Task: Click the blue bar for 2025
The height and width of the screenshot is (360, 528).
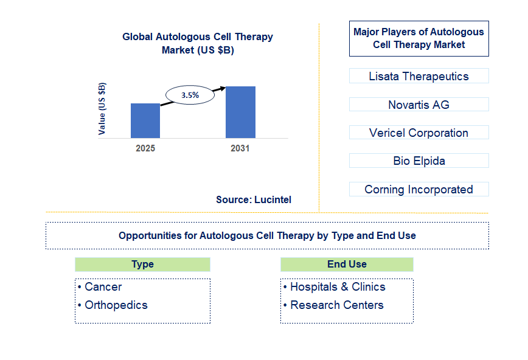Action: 145,120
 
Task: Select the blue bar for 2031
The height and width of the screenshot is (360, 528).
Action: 240,112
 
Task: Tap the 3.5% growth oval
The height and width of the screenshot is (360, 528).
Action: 190,95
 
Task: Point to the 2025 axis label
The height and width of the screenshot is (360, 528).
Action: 145,148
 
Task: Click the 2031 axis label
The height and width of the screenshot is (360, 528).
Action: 240,148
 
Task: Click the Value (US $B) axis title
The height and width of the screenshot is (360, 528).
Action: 102,108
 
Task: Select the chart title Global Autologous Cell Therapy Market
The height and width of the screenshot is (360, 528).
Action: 198,43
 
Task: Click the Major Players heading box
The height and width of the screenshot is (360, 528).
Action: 419,38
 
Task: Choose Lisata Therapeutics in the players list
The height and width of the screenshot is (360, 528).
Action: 419,76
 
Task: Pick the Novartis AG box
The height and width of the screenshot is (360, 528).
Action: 419,105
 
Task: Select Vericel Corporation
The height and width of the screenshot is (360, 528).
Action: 419,133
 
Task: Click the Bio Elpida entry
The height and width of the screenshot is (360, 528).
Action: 419,161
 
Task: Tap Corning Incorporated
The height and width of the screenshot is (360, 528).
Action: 419,189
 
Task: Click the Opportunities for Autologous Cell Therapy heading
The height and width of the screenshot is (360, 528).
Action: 267,235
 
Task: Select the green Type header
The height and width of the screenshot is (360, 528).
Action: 142,264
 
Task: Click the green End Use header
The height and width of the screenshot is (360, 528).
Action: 347,264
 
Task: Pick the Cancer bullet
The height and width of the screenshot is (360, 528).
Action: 103,287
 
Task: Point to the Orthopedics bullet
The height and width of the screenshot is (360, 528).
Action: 116,305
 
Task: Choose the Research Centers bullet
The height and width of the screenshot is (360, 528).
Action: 336,305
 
